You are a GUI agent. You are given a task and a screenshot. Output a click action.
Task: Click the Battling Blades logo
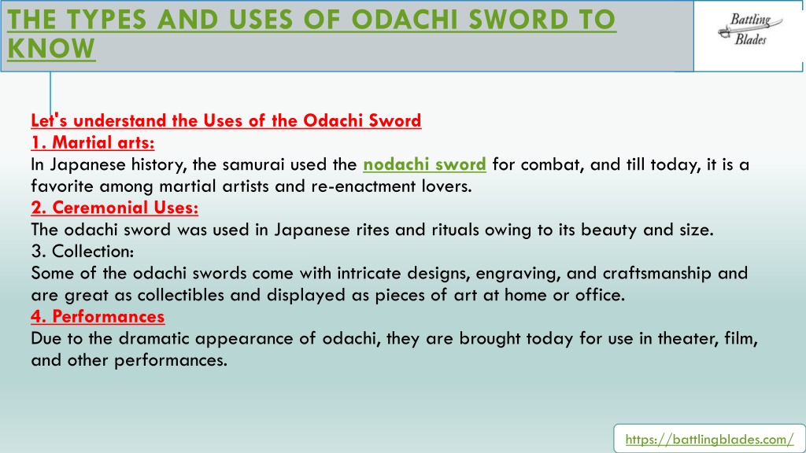point(750,30)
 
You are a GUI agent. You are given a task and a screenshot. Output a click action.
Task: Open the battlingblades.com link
point(709,440)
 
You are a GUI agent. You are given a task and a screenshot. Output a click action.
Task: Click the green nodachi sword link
point(424,164)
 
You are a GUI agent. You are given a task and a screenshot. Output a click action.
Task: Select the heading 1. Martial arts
point(93,142)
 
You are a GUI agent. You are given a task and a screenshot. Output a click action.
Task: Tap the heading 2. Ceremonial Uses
point(115,208)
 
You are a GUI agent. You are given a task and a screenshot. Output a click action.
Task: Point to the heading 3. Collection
point(82,251)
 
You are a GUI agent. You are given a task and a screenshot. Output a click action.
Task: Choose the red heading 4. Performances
point(98,316)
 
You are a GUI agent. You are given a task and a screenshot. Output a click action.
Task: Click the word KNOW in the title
point(51,49)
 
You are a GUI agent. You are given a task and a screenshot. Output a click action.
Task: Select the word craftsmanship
point(657,273)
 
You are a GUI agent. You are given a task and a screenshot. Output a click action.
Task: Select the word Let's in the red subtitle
point(49,120)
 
